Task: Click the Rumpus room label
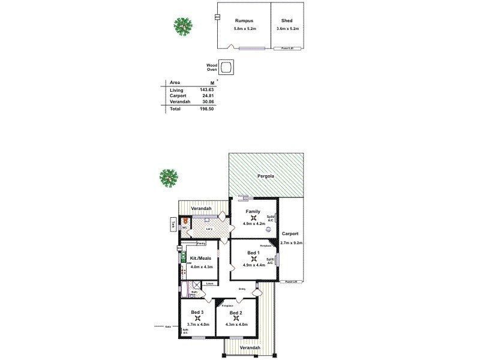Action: pos(244,20)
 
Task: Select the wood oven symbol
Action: pos(226,67)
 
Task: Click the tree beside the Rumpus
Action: pos(183,26)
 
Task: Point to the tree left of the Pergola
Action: pos(169,177)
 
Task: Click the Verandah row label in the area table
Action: pos(179,102)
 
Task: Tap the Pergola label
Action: pos(267,176)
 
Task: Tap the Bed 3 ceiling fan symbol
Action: pos(198,319)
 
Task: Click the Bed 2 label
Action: pos(236,313)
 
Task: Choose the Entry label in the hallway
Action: pos(242,289)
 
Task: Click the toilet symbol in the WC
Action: pos(185,221)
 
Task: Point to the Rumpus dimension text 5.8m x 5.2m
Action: pos(244,29)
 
